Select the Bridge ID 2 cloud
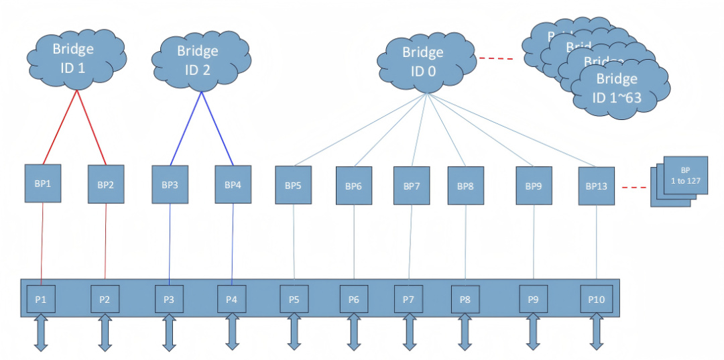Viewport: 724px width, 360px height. tap(197, 59)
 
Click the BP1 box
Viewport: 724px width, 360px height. tap(43, 182)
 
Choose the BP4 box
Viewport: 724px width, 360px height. tap(232, 184)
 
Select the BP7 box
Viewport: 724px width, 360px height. tap(411, 186)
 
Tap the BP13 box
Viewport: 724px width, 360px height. tap(596, 186)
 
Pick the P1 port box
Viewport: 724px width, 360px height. tap(41, 299)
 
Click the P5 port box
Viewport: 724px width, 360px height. tap(294, 299)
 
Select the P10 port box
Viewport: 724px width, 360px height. tap(596, 299)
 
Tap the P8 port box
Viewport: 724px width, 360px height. tap(465, 299)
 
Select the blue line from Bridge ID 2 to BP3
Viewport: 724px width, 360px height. tap(186, 128)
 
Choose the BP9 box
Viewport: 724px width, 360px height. tap(533, 186)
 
